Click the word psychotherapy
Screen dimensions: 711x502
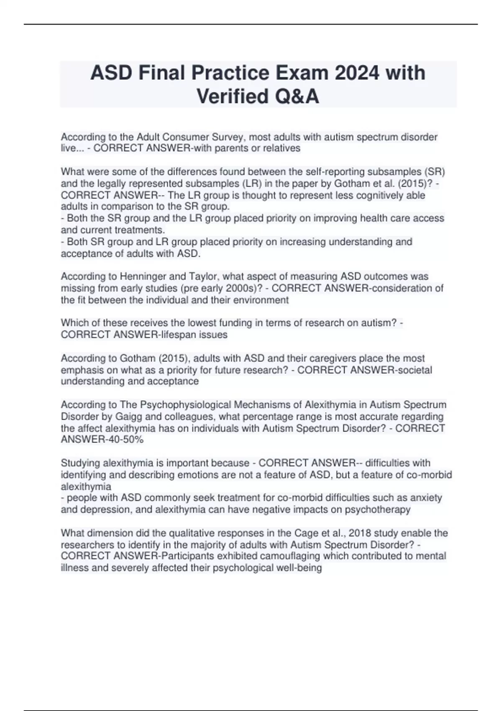click(x=378, y=509)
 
